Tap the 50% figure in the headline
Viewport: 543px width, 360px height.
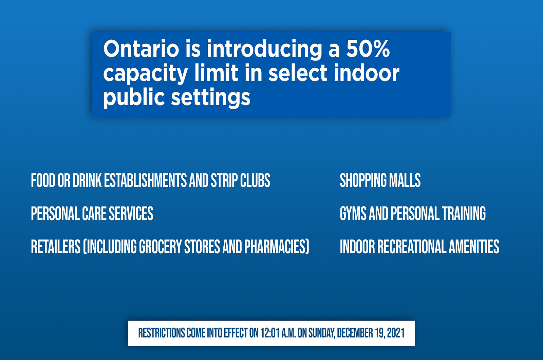tap(368, 49)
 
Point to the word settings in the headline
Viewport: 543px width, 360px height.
tap(211, 97)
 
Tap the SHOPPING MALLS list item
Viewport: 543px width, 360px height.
tap(380, 180)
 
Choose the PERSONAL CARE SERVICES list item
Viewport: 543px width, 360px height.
tap(92, 214)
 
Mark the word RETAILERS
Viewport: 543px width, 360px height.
tap(56, 247)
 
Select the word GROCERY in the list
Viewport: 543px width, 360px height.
tap(160, 247)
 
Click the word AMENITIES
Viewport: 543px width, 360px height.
tap(474, 247)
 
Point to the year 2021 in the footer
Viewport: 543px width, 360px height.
tap(396, 333)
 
